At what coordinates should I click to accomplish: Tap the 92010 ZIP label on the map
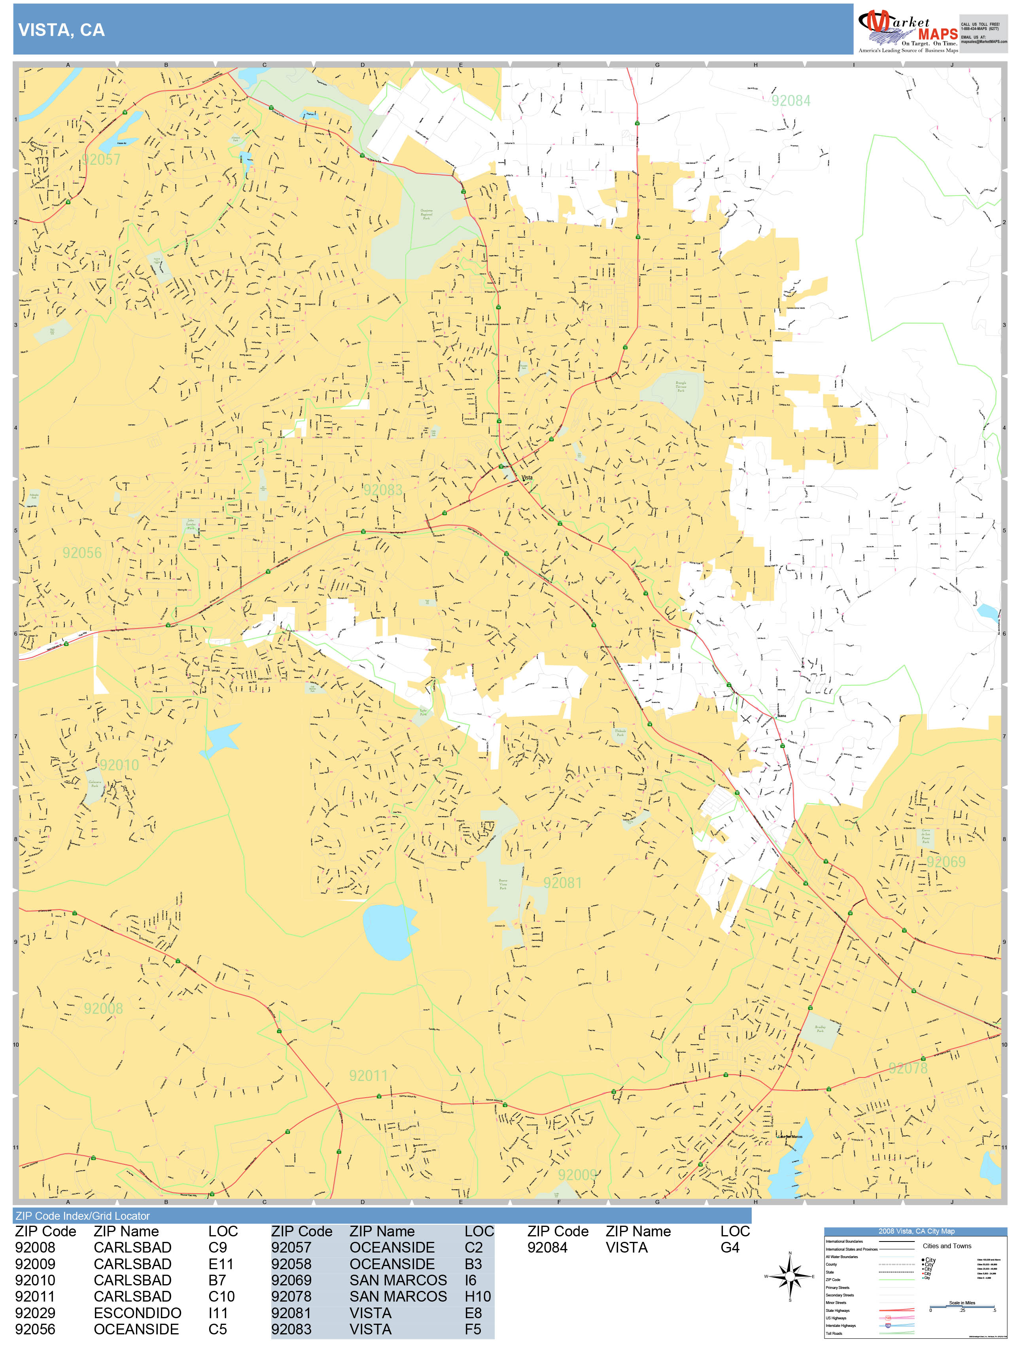click(119, 765)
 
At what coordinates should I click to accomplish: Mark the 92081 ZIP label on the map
click(562, 883)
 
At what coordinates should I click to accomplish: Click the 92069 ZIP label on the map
click(945, 862)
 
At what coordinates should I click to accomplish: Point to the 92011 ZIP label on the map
click(368, 1076)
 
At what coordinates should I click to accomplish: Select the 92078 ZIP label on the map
click(908, 1068)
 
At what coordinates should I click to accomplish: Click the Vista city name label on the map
click(527, 477)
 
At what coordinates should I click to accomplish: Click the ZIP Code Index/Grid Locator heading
click(83, 1216)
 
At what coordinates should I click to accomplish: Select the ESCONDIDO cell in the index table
click(137, 1313)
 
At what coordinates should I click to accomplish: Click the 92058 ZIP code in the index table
click(291, 1264)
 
